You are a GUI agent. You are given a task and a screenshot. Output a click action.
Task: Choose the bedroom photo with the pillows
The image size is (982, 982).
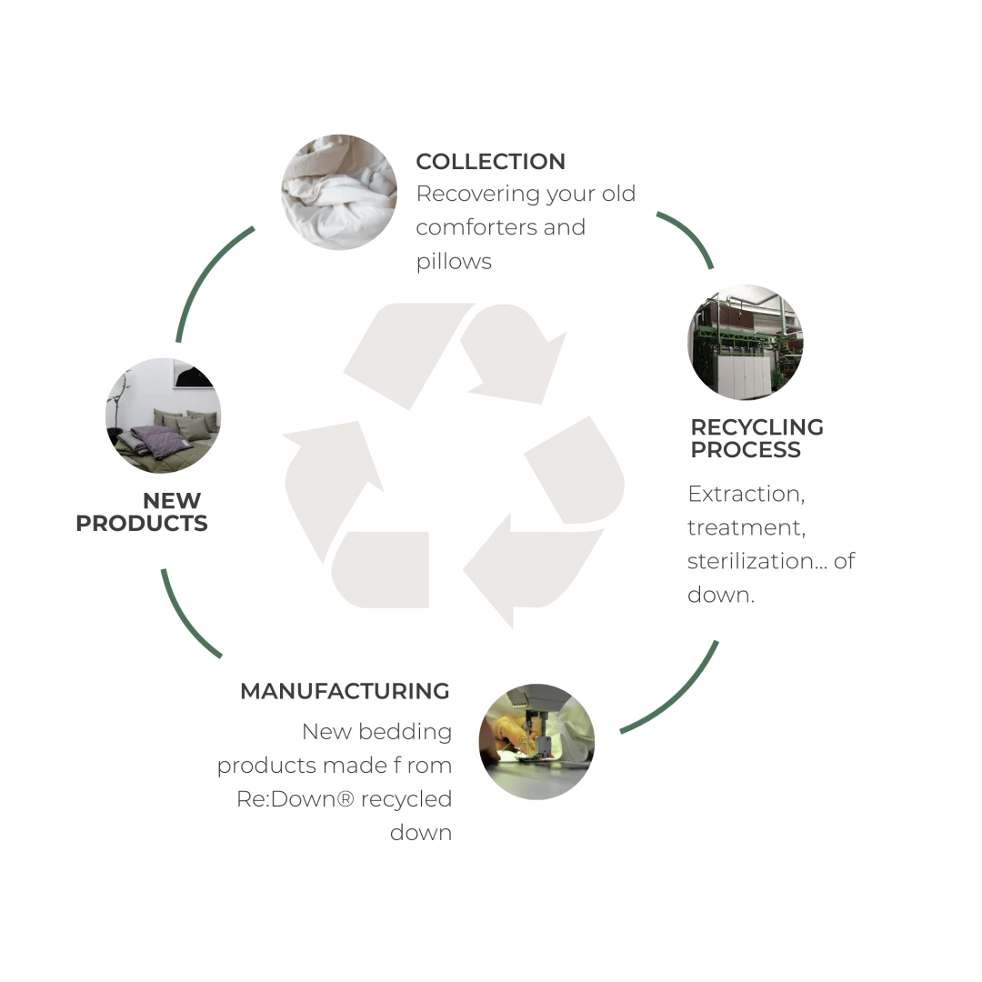(x=164, y=418)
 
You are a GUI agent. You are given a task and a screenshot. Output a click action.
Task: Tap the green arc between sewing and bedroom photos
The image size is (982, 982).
(x=186, y=618)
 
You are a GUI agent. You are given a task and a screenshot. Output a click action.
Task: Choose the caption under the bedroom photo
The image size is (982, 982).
(x=141, y=509)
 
